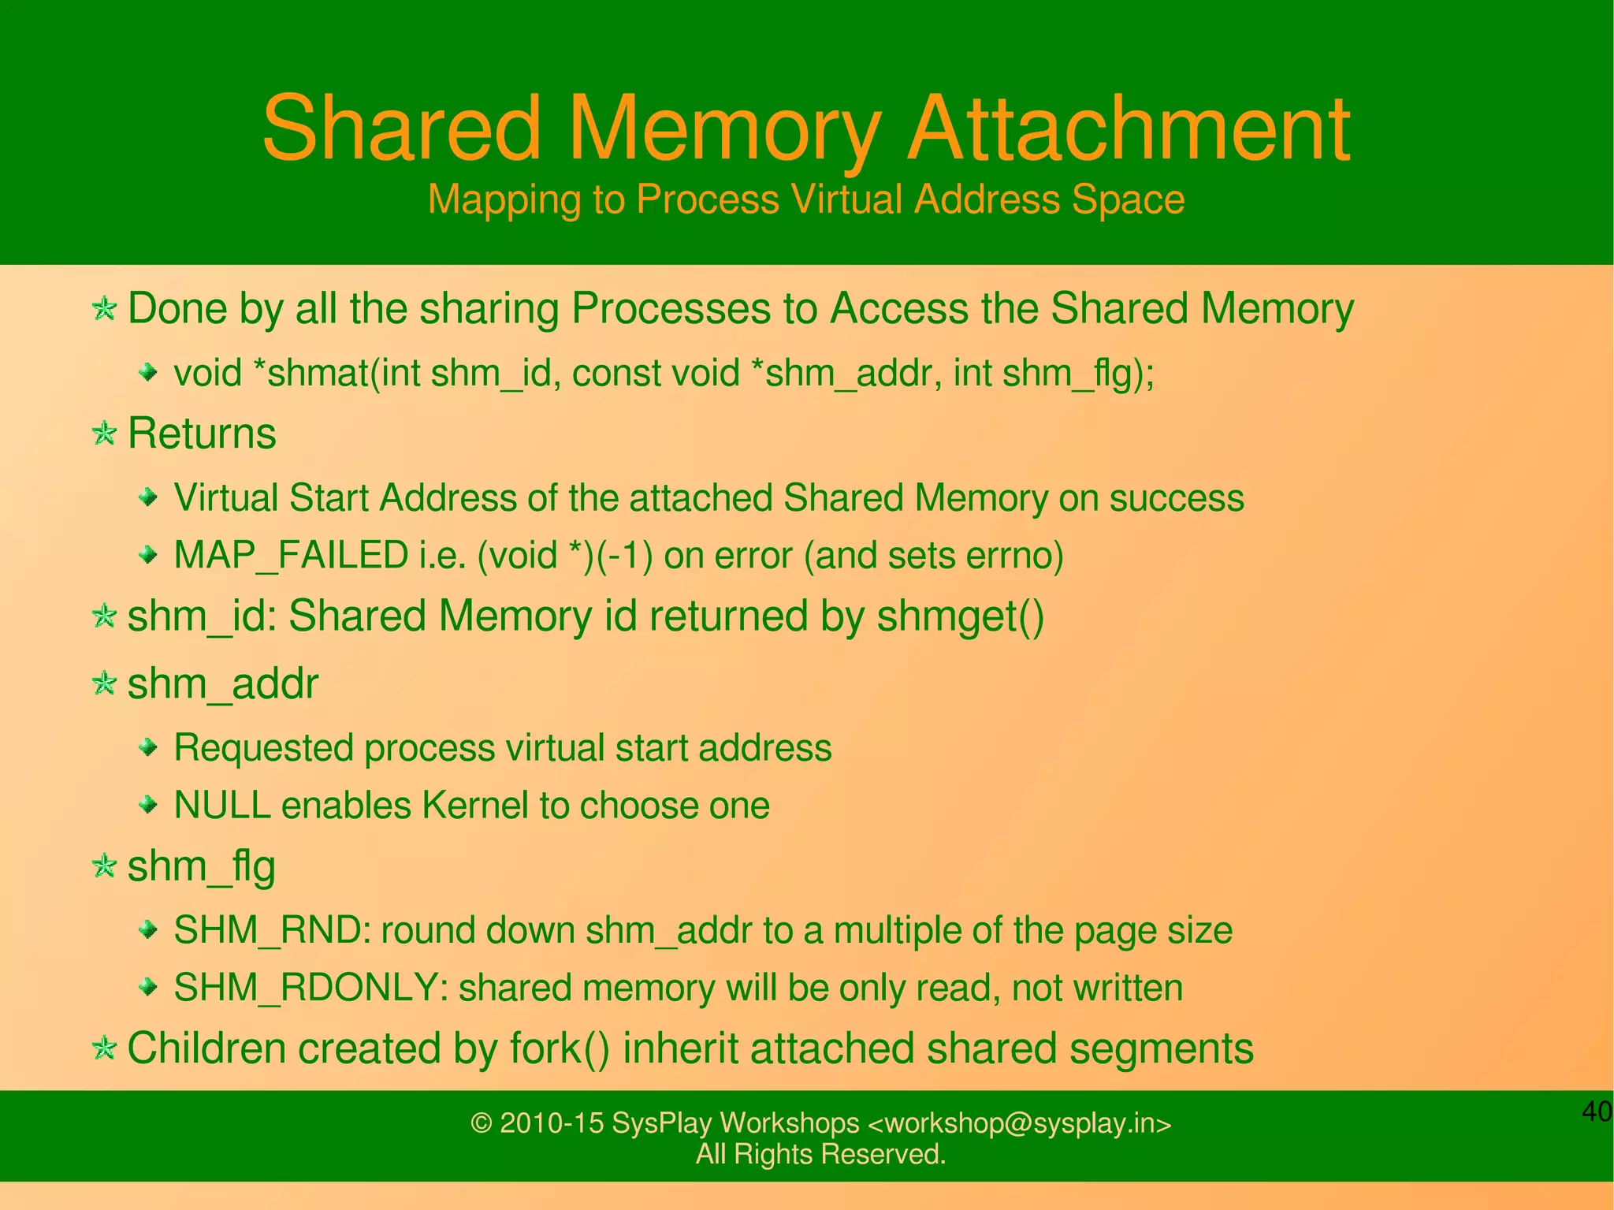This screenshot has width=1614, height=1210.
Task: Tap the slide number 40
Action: (1597, 1111)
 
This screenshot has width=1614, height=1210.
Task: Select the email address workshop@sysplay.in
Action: (1020, 1123)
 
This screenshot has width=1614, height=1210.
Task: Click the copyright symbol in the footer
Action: (481, 1123)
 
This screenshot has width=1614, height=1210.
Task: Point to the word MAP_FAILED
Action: (290, 555)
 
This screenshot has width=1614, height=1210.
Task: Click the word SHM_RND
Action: (267, 930)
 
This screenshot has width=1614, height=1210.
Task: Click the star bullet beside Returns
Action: (104, 433)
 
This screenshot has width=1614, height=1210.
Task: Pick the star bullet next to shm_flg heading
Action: (104, 866)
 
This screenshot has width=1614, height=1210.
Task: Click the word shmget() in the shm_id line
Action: (960, 616)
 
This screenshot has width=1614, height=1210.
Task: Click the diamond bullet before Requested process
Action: (148, 746)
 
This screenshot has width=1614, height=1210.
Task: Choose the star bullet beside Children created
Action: (104, 1048)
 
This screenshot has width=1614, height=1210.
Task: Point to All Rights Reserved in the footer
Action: (820, 1154)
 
